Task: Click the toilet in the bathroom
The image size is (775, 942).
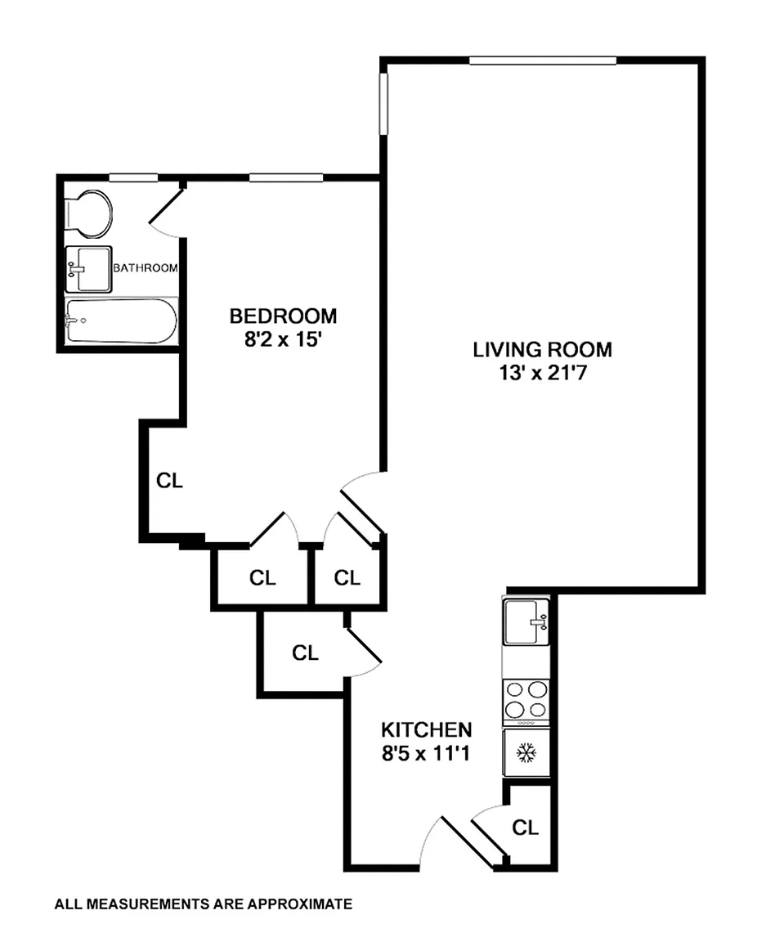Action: click(x=88, y=214)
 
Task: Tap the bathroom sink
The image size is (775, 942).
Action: click(x=88, y=269)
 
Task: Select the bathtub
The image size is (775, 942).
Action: click(x=121, y=321)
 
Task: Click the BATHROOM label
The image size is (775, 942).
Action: click(x=146, y=268)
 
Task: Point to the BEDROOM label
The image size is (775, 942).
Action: click(x=283, y=316)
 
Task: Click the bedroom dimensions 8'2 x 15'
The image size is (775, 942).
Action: click(x=283, y=339)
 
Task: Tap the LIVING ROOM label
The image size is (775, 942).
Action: click(x=543, y=350)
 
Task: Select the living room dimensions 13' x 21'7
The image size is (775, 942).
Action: click(x=543, y=373)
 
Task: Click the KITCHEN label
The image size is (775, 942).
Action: click(x=427, y=729)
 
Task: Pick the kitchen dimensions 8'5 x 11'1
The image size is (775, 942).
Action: click(x=425, y=753)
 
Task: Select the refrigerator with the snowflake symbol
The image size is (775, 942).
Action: click(x=526, y=753)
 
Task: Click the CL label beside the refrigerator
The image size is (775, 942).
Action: click(x=525, y=828)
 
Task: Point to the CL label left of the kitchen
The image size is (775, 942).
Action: click(x=305, y=653)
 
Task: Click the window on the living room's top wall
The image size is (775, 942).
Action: click(x=543, y=60)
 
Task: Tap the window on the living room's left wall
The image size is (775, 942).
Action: click(x=383, y=104)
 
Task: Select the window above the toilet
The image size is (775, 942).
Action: click(x=133, y=177)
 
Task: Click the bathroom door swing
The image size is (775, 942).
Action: click(x=166, y=213)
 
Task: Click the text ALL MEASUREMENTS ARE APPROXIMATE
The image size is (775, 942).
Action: click(x=203, y=904)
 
